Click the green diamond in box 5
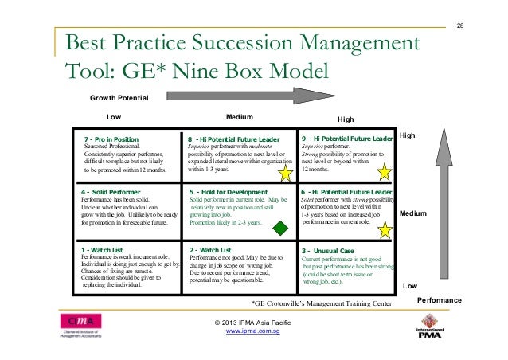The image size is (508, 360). click(280, 229)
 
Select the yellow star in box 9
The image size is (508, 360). click(385, 172)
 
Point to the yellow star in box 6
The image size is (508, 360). click(385, 230)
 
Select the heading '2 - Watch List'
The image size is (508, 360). click(210, 250)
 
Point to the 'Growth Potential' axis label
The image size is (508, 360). click(119, 99)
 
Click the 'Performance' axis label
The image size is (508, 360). click(440, 300)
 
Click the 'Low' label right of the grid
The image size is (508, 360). click(410, 284)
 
